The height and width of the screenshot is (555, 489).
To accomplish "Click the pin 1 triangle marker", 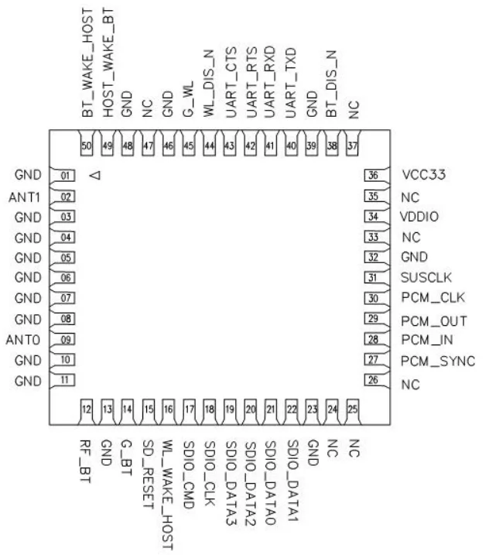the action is (x=95, y=175).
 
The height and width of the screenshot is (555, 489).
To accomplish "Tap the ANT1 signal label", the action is (x=25, y=197).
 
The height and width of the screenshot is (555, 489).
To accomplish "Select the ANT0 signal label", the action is (x=23, y=340).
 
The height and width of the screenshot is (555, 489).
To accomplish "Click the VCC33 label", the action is (x=424, y=174).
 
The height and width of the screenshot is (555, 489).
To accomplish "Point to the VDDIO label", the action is (x=419, y=217).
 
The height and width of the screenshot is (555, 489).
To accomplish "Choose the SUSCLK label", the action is (x=426, y=277).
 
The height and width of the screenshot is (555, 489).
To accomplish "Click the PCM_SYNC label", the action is (x=438, y=361).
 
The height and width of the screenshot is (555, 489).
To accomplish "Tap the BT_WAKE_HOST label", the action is (x=87, y=63).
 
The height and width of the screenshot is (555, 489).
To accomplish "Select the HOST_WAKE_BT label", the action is (x=108, y=63).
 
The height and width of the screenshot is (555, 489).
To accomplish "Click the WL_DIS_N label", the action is (x=209, y=84).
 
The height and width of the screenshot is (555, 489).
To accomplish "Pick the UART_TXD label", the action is (x=290, y=83).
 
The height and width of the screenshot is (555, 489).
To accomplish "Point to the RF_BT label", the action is (x=85, y=461).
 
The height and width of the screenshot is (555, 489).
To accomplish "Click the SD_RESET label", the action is (x=149, y=474).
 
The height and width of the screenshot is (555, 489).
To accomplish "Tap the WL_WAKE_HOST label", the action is (x=167, y=495).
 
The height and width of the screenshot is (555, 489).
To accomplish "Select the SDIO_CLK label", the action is (x=210, y=473).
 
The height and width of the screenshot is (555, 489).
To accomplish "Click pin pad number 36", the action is (x=373, y=175).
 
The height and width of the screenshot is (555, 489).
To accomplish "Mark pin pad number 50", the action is (x=87, y=146).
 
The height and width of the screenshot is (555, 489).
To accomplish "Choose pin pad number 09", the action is (x=67, y=340).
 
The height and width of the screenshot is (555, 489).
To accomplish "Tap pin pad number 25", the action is (x=353, y=409).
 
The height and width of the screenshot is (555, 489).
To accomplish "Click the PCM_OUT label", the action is (x=434, y=321).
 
